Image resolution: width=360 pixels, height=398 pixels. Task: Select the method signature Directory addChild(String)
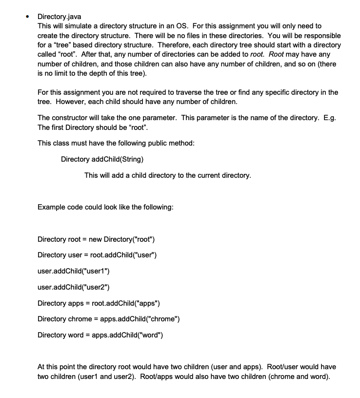tap(102, 159)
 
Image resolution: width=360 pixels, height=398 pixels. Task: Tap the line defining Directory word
tap(100, 335)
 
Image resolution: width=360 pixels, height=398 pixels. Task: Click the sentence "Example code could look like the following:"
tap(105, 207)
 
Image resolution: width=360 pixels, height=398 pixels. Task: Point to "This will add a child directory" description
tap(168, 175)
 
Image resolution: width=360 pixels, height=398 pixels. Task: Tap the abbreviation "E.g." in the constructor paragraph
tap(329, 118)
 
